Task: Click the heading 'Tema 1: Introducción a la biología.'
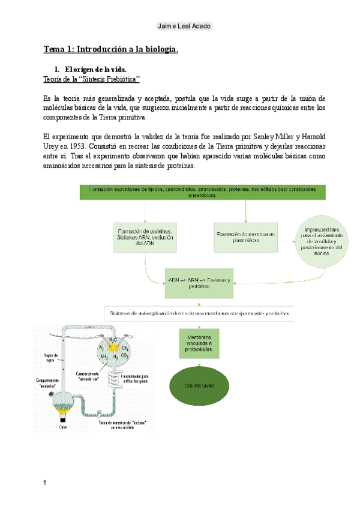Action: click(111, 49)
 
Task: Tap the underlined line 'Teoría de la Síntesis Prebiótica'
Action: click(92, 79)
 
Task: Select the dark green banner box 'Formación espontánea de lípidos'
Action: click(202, 192)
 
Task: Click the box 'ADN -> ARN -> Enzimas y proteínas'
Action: click(199, 283)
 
